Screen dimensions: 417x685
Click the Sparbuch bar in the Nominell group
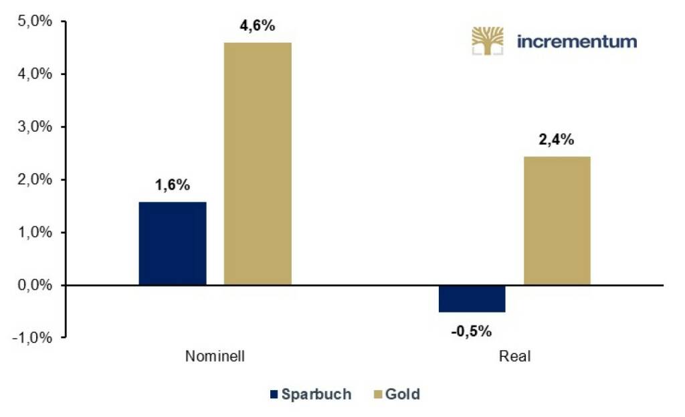click(173, 244)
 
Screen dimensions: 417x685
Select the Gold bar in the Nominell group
click(258, 164)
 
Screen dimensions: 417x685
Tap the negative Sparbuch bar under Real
click(472, 299)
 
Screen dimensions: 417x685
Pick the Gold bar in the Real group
click(557, 221)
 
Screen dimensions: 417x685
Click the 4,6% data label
click(258, 27)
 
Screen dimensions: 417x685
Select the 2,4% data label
click(557, 141)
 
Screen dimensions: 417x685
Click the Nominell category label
click(215, 356)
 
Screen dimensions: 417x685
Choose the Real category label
click(514, 356)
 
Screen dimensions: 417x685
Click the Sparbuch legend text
click(316, 394)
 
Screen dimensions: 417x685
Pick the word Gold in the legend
click(403, 394)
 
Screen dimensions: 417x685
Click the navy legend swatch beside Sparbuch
click(273, 394)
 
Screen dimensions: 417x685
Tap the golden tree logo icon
click(488, 40)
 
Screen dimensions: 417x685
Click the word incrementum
click(577, 41)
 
